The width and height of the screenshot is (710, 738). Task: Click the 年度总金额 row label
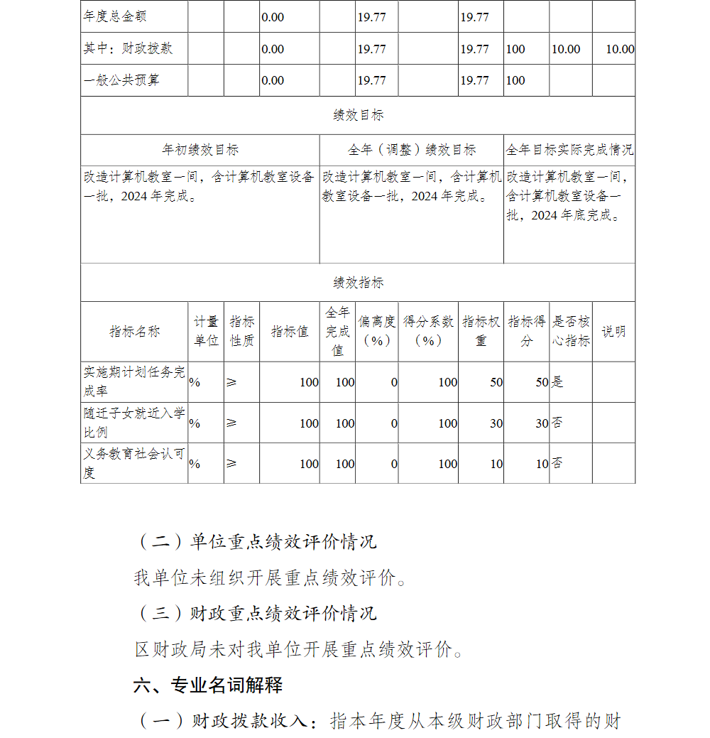pyautogui.click(x=115, y=16)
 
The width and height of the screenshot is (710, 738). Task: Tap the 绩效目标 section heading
pyautogui.click(x=358, y=115)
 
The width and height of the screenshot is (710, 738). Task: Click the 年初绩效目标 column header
pyautogui.click(x=200, y=150)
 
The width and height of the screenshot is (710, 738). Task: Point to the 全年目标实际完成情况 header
pyautogui.click(x=569, y=150)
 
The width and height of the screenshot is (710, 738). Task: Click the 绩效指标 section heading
pyautogui.click(x=358, y=283)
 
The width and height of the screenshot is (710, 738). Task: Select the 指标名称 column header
pyautogui.click(x=134, y=332)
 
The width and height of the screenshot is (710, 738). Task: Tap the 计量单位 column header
pyautogui.click(x=206, y=332)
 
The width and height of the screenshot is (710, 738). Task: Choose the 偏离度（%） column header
pyautogui.click(x=377, y=332)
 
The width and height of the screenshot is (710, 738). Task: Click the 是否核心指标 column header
pyautogui.click(x=571, y=332)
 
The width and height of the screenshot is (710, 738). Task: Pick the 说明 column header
pyautogui.click(x=613, y=332)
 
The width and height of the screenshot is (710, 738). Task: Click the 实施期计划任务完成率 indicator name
pyautogui.click(x=134, y=381)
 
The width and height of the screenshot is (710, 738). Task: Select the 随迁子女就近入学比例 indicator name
pyautogui.click(x=134, y=423)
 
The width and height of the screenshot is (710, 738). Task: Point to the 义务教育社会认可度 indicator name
pyautogui.click(x=134, y=463)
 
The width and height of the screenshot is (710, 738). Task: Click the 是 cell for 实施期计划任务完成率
pyautogui.click(x=557, y=382)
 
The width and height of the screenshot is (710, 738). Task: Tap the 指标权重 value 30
pyautogui.click(x=496, y=423)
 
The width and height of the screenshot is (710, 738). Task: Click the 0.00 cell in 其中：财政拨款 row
pyautogui.click(x=273, y=49)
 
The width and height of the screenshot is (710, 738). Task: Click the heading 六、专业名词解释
pyautogui.click(x=208, y=685)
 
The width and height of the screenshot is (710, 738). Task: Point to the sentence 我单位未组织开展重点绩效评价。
pyautogui.click(x=272, y=578)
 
